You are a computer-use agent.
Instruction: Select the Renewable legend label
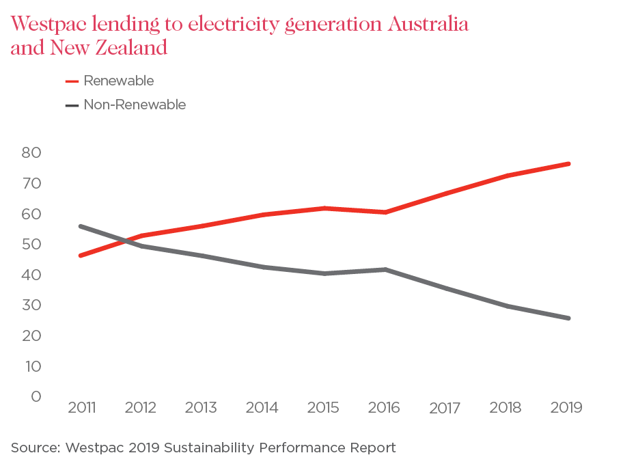tap(118, 81)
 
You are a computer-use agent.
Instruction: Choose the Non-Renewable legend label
tap(135, 105)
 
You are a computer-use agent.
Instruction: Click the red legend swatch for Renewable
tap(72, 81)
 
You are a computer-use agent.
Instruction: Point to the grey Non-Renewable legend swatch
tap(72, 105)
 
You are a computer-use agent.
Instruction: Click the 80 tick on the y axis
tap(31, 152)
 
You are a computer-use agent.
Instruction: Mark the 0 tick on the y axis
tap(36, 396)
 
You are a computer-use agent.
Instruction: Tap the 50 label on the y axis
tap(31, 244)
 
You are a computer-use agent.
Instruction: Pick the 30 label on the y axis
tap(31, 305)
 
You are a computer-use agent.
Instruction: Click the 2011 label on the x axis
tap(81, 408)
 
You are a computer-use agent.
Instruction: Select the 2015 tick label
tap(323, 408)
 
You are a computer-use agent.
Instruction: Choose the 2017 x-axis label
tap(445, 409)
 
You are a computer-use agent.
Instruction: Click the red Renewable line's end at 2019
tap(568, 164)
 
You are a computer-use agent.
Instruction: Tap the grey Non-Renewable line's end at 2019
tap(568, 318)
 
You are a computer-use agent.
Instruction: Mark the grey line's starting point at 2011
tap(81, 226)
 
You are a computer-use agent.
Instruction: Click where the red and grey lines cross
tap(126, 240)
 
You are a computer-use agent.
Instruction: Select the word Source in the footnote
tap(34, 448)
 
